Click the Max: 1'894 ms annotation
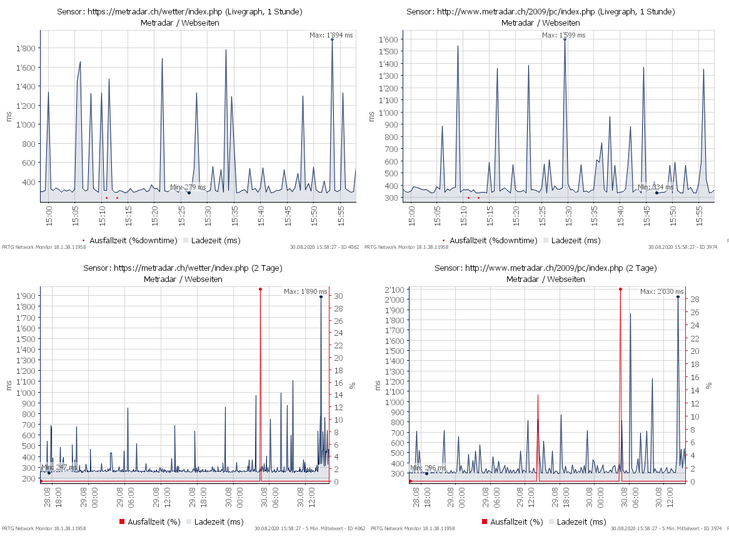tap(331, 35)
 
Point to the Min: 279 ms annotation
tap(188, 187)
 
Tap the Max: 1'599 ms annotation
tap(563, 35)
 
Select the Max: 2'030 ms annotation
tap(662, 291)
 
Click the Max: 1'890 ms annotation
tap(305, 291)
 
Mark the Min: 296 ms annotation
tap(428, 468)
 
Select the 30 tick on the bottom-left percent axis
tap(338, 296)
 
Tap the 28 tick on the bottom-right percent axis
tap(695, 300)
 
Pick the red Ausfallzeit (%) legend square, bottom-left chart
tap(123, 521)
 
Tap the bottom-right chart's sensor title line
tap(545, 268)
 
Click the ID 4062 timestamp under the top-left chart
tap(324, 247)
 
